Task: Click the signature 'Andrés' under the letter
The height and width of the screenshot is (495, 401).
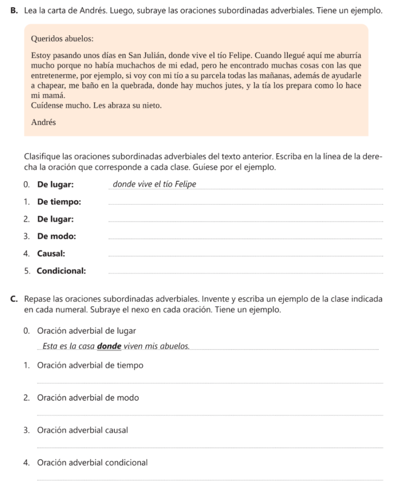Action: (x=43, y=122)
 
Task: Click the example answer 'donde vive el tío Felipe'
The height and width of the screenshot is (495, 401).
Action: (x=154, y=184)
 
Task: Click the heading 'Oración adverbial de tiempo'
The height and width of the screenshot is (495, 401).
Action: (x=90, y=365)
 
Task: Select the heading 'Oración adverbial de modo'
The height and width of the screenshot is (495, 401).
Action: (x=88, y=398)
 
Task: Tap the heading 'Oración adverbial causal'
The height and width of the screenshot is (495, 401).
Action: (x=82, y=430)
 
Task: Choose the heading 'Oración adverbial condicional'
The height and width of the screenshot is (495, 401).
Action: (x=92, y=462)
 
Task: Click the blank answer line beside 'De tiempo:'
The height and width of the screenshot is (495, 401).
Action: (x=246, y=204)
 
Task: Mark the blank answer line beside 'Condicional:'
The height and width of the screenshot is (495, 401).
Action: (x=246, y=273)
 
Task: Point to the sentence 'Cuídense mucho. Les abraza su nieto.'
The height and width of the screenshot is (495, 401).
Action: (x=96, y=105)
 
